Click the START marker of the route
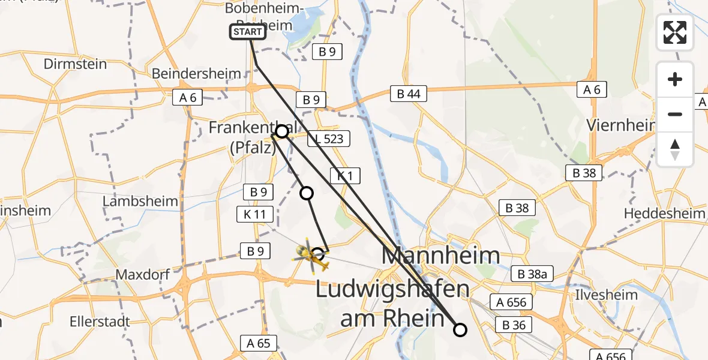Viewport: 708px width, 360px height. [x=247, y=32]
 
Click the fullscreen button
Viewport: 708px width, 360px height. [x=675, y=32]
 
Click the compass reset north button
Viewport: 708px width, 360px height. [x=675, y=149]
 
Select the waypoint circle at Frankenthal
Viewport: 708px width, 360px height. [x=281, y=131]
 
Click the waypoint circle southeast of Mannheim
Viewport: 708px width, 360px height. [x=460, y=329]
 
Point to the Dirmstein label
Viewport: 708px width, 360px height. [x=76, y=64]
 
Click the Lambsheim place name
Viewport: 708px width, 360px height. [x=140, y=201]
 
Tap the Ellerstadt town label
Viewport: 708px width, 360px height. [x=100, y=320]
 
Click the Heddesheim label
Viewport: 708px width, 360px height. [x=665, y=214]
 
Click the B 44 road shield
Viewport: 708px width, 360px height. [x=408, y=94]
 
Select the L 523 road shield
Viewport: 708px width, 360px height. [x=326, y=139]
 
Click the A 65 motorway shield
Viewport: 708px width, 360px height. [x=259, y=343]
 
